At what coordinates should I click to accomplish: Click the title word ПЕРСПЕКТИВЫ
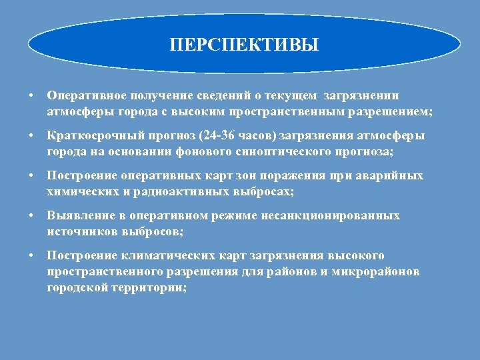pyautogui.click(x=244, y=45)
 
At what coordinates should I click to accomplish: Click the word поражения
pyautogui.click(x=290, y=177)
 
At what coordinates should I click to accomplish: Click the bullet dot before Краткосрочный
pyautogui.click(x=31, y=137)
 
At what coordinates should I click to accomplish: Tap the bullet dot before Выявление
pyautogui.click(x=31, y=217)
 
